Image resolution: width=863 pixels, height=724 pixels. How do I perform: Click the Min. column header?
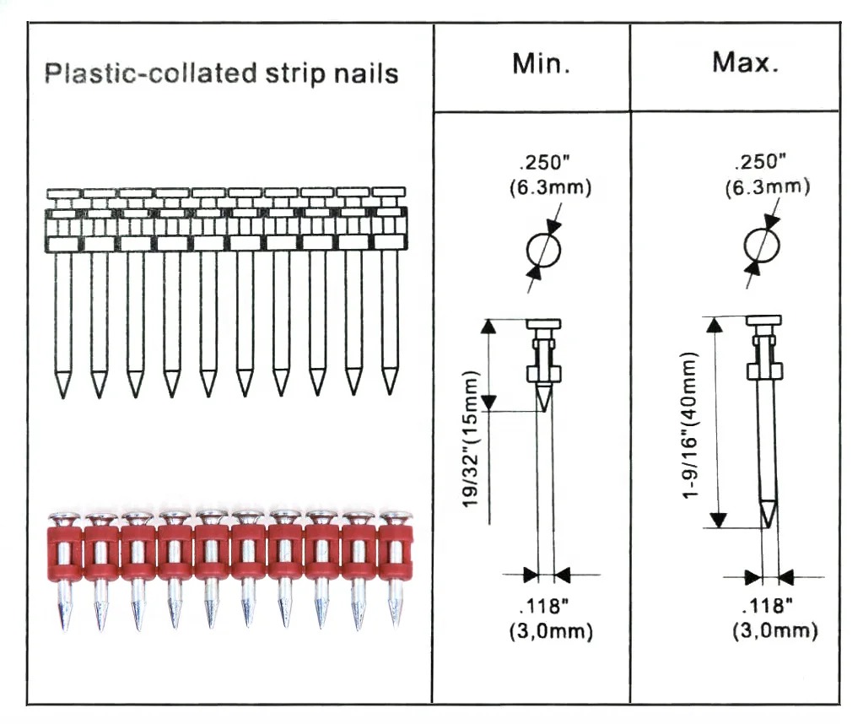click(x=541, y=64)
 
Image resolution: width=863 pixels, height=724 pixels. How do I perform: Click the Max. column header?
click(x=745, y=63)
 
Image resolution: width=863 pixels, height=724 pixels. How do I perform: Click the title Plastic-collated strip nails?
click(x=221, y=73)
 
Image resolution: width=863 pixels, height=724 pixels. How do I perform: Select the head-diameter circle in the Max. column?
click(x=761, y=245)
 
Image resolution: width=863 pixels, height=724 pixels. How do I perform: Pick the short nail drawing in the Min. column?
click(x=543, y=363)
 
